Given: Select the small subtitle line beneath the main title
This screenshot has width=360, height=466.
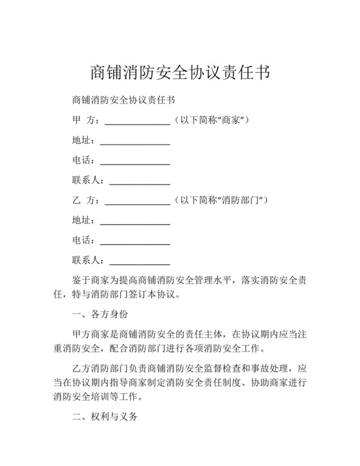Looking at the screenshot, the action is (124, 102).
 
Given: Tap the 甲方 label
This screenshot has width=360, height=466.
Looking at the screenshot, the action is (85, 121).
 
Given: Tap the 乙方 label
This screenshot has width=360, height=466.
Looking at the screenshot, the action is (85, 201).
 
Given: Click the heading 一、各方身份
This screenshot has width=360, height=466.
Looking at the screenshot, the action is (100, 315).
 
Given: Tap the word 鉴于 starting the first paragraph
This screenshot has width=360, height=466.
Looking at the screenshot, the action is (80, 281).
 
